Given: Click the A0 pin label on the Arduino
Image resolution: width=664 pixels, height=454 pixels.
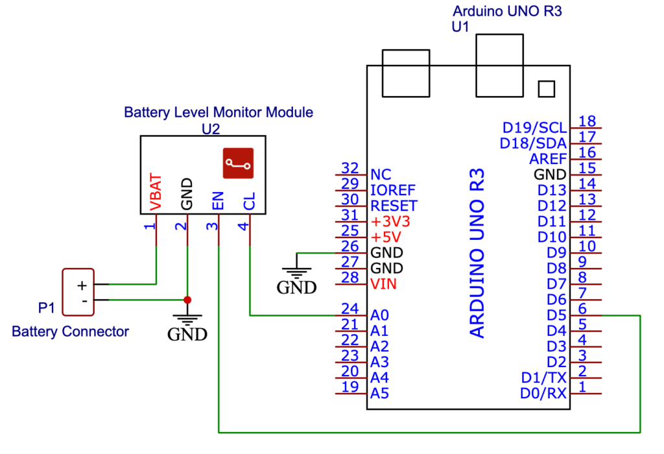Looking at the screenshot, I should (x=379, y=316).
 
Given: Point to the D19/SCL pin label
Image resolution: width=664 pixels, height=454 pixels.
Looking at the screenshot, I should (x=534, y=127).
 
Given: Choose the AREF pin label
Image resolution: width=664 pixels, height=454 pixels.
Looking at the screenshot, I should (x=548, y=158).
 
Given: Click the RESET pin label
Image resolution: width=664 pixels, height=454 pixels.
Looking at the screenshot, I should (x=394, y=206).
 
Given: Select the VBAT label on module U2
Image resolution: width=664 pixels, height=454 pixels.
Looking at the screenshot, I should (x=156, y=192).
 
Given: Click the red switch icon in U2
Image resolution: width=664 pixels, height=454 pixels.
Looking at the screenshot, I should (x=238, y=163).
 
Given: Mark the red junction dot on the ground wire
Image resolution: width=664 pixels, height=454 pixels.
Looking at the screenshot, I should (x=187, y=300).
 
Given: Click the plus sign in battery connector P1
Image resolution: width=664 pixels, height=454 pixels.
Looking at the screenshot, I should (x=82, y=285).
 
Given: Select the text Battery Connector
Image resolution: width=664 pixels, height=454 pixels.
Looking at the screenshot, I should (x=70, y=331).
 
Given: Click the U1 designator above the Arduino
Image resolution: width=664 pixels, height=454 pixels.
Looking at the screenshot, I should (x=460, y=27).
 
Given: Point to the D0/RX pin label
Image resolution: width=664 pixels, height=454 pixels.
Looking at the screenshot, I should (x=543, y=393).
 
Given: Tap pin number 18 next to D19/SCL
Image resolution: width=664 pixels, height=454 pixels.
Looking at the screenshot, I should (x=587, y=121).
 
